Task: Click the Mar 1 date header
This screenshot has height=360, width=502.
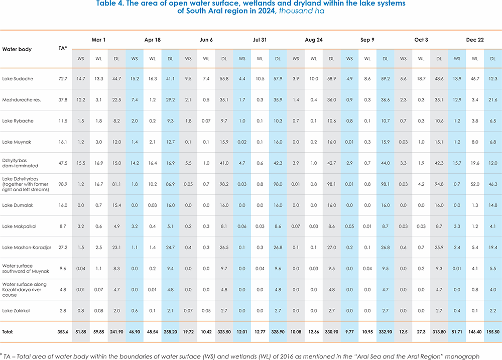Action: pyautogui.click(x=98, y=39)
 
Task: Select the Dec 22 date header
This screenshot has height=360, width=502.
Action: pyautogui.click(x=474, y=39)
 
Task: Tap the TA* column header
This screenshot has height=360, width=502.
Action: pyautogui.click(x=63, y=48)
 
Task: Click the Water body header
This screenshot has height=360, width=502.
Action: pyautogui.click(x=17, y=49)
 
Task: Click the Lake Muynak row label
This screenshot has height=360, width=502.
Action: pyautogui.click(x=17, y=142)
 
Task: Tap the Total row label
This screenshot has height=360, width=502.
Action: pyautogui.click(x=8, y=332)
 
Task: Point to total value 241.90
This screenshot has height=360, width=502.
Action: pyautogui.click(x=116, y=332)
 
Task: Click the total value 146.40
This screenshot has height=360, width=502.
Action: pyautogui.click(x=475, y=332)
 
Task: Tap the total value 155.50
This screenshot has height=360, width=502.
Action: pyautogui.click(x=493, y=332)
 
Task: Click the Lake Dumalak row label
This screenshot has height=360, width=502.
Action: pyautogui.click(x=18, y=205)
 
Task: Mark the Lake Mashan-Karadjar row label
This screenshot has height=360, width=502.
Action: pyautogui.click(x=26, y=248)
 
